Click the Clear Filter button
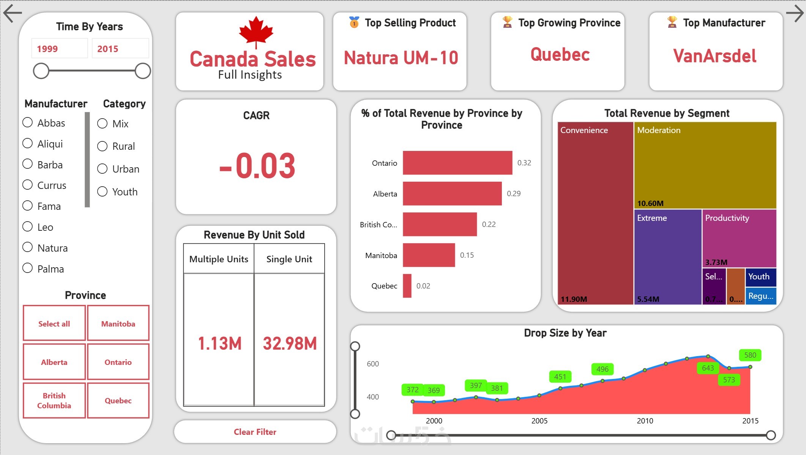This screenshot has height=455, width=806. click(x=255, y=432)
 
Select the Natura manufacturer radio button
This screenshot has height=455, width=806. click(x=28, y=247)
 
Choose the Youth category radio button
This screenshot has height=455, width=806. click(x=103, y=192)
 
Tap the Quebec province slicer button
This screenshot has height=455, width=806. click(x=118, y=401)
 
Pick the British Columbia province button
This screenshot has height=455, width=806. click(x=54, y=401)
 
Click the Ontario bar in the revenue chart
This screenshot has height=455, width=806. click(x=457, y=163)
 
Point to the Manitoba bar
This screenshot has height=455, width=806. click(x=429, y=255)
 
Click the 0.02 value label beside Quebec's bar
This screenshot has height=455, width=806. click(x=423, y=286)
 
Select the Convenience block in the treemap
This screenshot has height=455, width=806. click(x=595, y=213)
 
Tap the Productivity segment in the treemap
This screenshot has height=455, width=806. click(x=739, y=238)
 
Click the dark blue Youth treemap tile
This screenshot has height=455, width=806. click(x=760, y=277)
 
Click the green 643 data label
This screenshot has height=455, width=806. click(x=708, y=368)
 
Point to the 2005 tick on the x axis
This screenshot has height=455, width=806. click(x=539, y=421)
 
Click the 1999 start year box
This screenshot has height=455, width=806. click(x=59, y=49)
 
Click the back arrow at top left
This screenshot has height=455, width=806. click(x=13, y=13)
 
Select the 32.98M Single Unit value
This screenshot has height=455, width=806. click(x=290, y=343)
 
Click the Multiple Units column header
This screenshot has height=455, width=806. click(x=219, y=259)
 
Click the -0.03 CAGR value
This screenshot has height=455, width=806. click(x=257, y=166)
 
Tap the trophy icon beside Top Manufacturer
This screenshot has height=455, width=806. click(x=672, y=22)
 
